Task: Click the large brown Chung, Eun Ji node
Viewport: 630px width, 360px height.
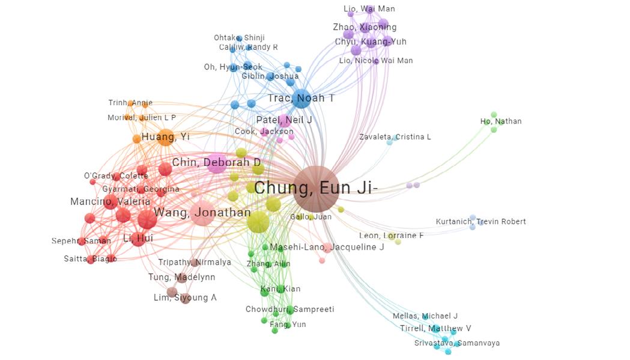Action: point(316,189)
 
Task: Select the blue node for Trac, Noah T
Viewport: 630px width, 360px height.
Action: point(301,98)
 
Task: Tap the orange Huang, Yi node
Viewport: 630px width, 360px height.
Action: point(166,137)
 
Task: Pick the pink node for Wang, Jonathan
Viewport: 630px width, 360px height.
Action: point(202,213)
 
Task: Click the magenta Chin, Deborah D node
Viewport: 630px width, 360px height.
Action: point(217,163)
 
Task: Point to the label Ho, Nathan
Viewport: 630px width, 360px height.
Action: point(501,121)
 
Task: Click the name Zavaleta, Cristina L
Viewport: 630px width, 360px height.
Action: point(395,137)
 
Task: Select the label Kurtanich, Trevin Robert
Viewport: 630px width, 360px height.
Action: point(480,222)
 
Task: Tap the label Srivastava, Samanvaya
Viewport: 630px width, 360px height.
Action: point(456,343)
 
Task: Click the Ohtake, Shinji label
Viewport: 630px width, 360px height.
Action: point(238,38)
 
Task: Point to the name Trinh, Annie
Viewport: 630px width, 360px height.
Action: point(130,103)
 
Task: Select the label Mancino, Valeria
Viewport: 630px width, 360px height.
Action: point(110,201)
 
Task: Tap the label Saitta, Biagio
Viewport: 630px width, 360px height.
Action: point(90,259)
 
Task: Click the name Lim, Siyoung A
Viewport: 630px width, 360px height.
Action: point(184,298)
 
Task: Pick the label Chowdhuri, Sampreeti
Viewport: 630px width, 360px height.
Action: point(289,310)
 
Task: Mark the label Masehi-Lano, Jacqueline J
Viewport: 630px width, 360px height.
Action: point(327,248)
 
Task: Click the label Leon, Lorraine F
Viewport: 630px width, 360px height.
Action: point(391,236)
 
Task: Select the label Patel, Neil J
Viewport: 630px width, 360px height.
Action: point(284,120)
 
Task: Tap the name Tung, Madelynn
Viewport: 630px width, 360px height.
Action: point(181,278)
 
